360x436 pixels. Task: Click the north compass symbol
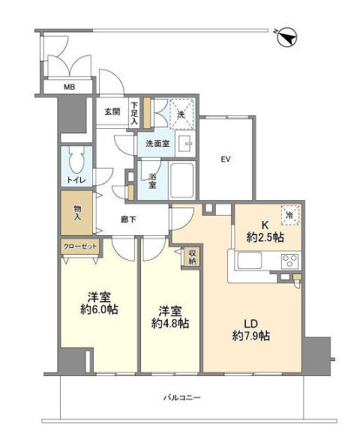[287, 37]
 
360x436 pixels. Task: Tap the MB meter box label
[69, 87]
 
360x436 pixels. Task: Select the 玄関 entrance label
[112, 112]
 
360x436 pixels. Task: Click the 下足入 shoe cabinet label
[135, 113]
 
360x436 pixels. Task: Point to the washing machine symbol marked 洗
[181, 114]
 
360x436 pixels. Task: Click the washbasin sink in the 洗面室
[185, 144]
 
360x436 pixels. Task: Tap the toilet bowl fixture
[76, 160]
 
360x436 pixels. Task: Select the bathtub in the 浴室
[182, 181]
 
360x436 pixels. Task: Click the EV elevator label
[226, 160]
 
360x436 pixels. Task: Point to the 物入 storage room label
[77, 213]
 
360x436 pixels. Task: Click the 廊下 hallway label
[128, 219]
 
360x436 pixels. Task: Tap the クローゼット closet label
[80, 246]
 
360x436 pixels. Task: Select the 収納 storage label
[193, 257]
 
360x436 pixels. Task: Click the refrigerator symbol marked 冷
[289, 215]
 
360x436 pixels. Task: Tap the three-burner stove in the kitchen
[290, 261]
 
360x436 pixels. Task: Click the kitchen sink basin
[249, 261]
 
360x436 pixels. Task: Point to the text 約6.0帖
[99, 309]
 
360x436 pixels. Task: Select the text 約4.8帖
[170, 323]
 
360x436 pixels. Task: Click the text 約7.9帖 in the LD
[250, 336]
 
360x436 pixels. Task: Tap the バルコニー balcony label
[181, 397]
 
